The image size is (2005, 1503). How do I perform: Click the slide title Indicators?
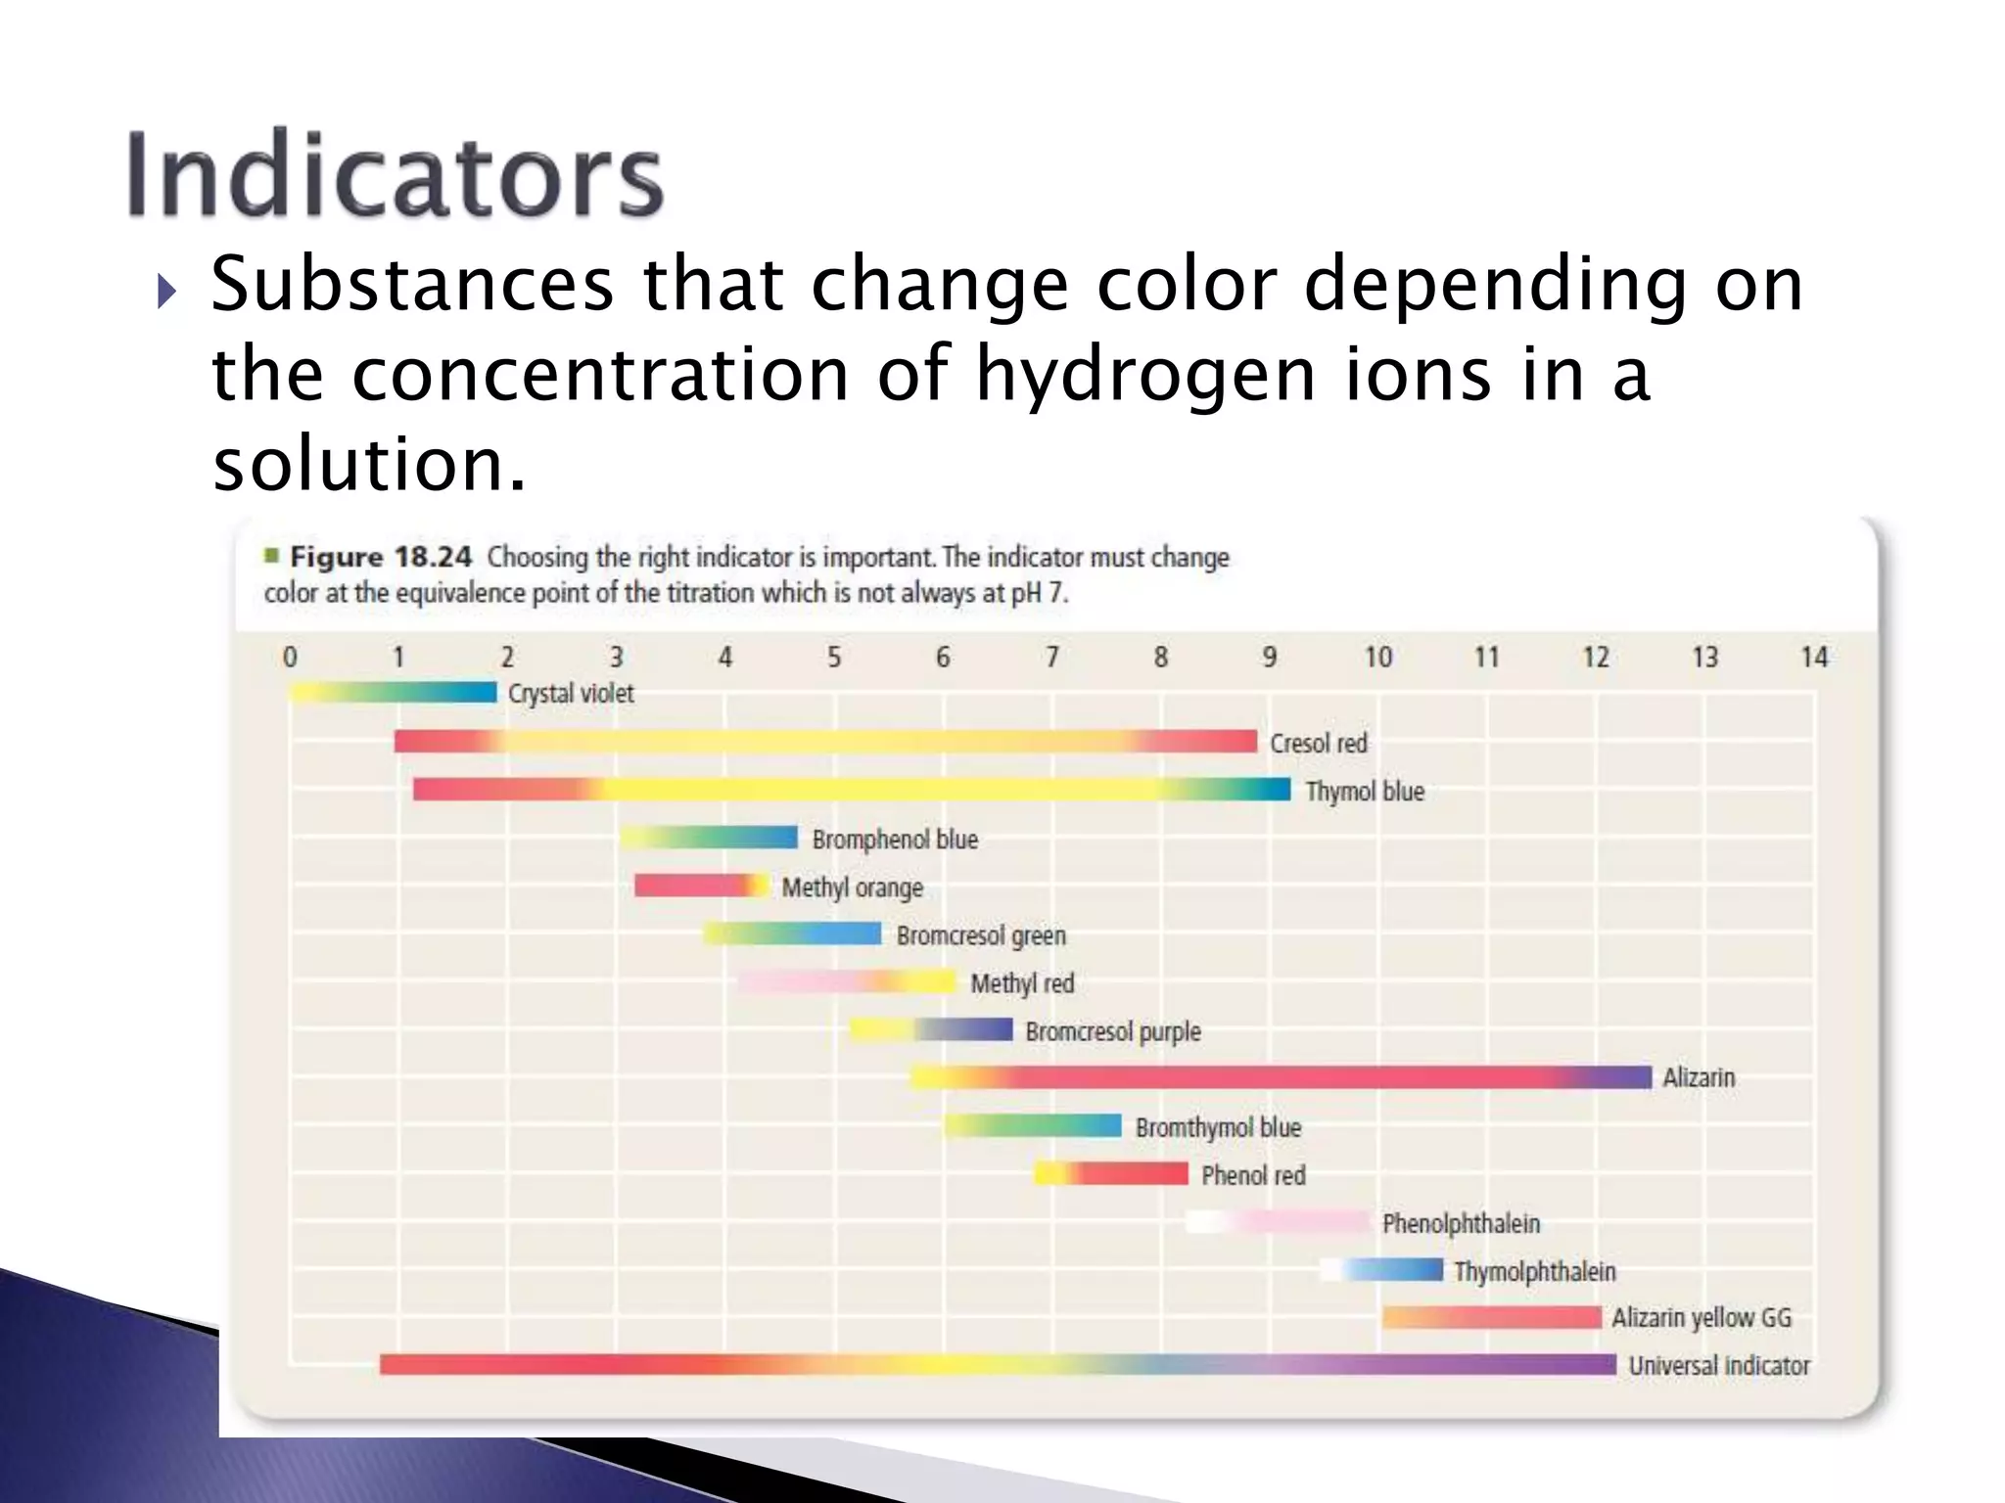tap(395, 174)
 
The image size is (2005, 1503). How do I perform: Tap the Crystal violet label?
tap(571, 694)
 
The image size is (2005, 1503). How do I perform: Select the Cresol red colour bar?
tap(825, 741)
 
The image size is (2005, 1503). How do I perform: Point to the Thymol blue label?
tap(1365, 791)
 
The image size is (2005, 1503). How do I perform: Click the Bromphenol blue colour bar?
tap(709, 838)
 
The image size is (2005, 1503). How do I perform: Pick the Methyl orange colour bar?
tap(701, 886)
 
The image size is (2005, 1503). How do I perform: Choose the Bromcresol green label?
tap(981, 935)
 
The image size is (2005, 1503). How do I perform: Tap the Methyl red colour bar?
tap(848, 981)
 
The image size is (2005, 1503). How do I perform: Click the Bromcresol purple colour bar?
tap(931, 1029)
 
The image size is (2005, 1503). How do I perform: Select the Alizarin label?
tap(1699, 1077)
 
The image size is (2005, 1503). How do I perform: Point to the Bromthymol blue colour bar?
tap(1033, 1125)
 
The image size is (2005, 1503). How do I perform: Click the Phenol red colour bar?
tap(1111, 1173)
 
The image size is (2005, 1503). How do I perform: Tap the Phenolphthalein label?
tap(1461, 1223)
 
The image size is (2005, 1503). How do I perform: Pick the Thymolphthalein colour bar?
tap(1381, 1270)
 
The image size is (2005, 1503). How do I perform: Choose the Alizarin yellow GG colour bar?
tap(1492, 1317)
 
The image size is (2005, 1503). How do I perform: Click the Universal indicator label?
tap(1719, 1365)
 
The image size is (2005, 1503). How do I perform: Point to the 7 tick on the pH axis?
tap(1052, 657)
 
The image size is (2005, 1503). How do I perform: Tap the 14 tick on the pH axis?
tap(1814, 657)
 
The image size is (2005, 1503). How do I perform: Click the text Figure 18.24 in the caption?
tap(381, 557)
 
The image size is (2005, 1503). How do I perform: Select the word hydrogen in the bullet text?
tap(1145, 375)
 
